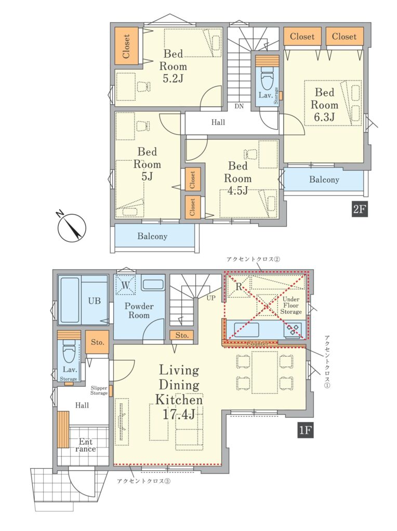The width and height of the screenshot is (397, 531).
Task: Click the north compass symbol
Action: tap(71, 228)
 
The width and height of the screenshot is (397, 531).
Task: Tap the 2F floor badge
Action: tap(360, 209)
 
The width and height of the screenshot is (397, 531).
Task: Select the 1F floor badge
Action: tap(305, 430)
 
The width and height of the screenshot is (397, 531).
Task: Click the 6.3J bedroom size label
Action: tap(324, 117)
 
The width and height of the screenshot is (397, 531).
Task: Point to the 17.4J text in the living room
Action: tap(179, 414)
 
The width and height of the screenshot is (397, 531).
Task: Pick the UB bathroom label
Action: tap(95, 301)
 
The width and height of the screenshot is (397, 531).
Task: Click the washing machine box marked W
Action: tap(125, 285)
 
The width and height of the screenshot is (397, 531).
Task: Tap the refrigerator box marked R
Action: tap(239, 286)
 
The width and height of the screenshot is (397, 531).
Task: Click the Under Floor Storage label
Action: tap(291, 305)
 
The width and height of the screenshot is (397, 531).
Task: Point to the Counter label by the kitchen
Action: tap(258, 343)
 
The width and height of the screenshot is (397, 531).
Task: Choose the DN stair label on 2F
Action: tap(239, 106)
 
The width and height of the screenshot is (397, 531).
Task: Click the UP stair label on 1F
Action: tap(211, 298)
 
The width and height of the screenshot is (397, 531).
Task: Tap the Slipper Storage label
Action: tap(99, 390)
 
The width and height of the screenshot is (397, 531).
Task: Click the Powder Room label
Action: tap(139, 311)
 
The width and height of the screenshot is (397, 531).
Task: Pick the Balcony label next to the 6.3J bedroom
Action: tap(324, 179)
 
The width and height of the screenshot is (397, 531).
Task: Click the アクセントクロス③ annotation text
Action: tap(143, 481)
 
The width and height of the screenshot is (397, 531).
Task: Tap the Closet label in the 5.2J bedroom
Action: tap(126, 46)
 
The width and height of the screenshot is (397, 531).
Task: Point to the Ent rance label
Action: tap(86, 445)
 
